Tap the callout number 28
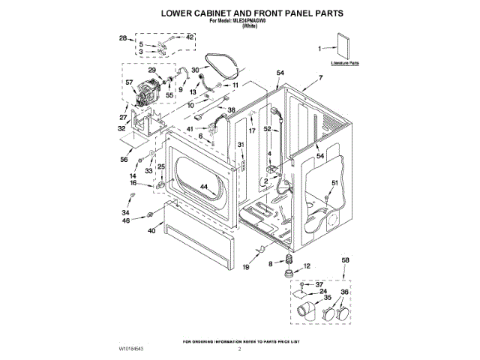[122, 37]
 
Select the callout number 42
[190, 37]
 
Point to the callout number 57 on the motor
[129, 82]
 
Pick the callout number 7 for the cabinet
[320, 77]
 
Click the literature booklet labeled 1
[343, 48]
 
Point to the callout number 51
[335, 183]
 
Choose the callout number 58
[345, 259]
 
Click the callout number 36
[345, 292]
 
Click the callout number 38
[231, 110]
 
